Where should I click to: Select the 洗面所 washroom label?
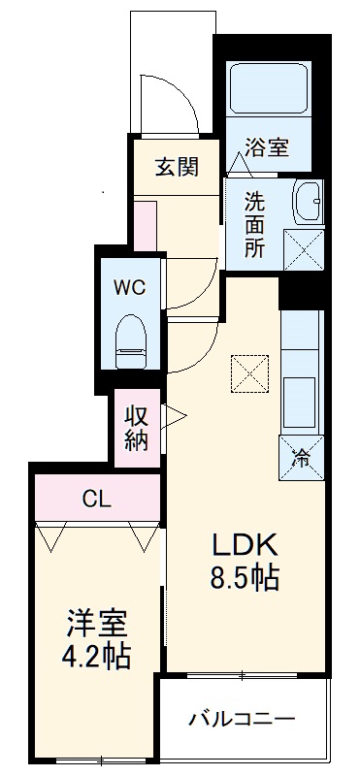tap(254, 226)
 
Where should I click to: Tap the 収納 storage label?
tap(135, 428)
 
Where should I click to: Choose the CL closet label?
tap(96, 500)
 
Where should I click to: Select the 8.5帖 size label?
tap(245, 579)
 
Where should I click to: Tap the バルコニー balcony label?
tap(242, 720)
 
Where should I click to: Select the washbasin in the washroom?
tap(309, 201)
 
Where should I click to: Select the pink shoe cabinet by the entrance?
tap(145, 229)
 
